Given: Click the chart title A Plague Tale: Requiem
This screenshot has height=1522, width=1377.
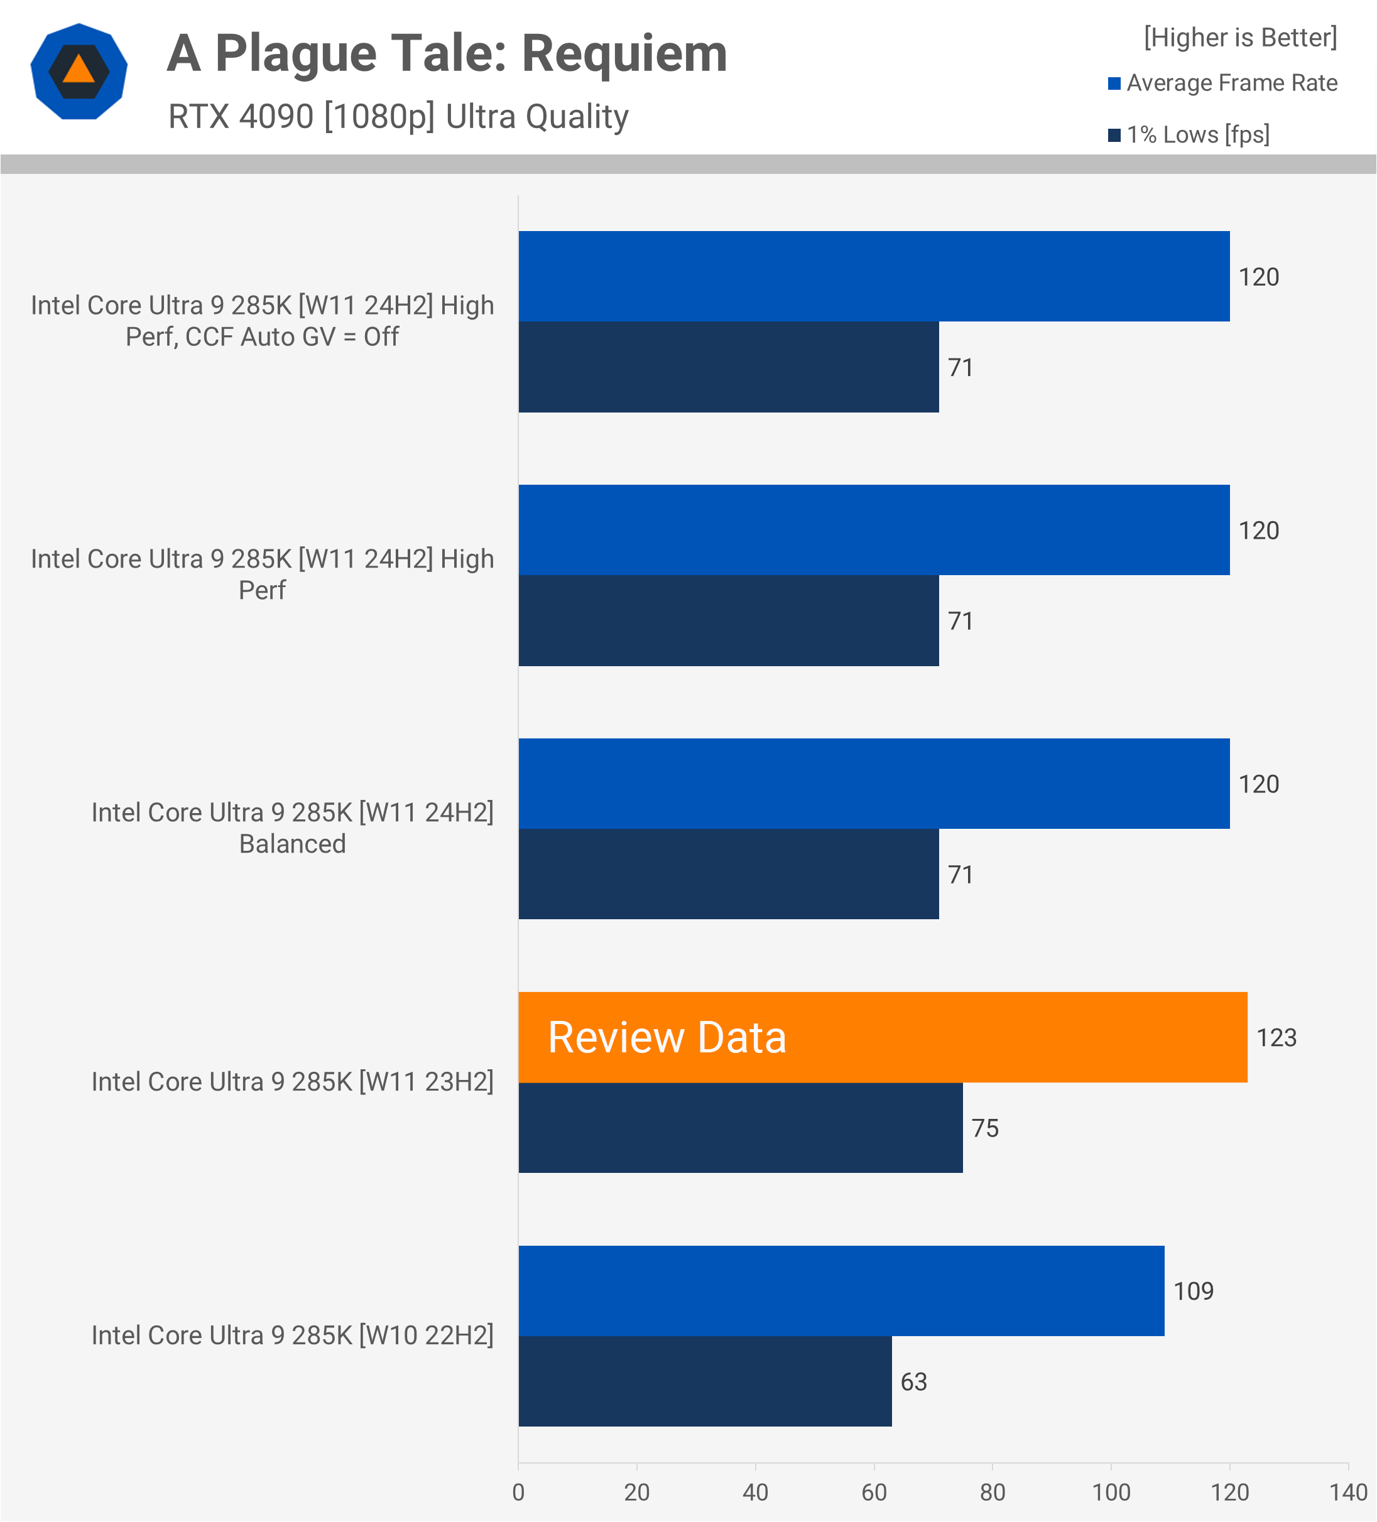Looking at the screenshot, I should [x=447, y=55].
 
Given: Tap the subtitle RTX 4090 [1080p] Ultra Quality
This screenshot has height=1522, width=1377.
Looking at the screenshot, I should [x=398, y=117].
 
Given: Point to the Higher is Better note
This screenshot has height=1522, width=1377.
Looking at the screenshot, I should [x=1239, y=38].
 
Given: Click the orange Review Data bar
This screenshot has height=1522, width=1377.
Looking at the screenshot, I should [x=882, y=1037].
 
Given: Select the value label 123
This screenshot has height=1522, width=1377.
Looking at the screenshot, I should [x=1276, y=1037].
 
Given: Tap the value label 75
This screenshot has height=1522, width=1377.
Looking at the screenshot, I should [x=985, y=1128].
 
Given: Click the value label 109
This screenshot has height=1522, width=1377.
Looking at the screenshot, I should [x=1193, y=1291].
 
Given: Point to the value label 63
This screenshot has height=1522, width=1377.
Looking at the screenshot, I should [x=913, y=1381].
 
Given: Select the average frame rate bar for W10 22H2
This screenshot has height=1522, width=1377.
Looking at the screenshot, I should [x=841, y=1291].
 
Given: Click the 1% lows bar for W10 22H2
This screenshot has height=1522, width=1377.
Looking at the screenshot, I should [x=705, y=1381].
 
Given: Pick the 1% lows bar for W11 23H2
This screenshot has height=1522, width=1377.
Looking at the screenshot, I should [x=740, y=1128].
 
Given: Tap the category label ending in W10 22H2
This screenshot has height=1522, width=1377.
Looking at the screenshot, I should [x=292, y=1336].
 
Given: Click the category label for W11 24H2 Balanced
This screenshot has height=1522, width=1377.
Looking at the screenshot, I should [x=292, y=828].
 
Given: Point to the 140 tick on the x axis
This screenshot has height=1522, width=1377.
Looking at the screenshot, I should [x=1348, y=1492].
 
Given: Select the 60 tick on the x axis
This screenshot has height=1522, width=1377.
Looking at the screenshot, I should [x=874, y=1492].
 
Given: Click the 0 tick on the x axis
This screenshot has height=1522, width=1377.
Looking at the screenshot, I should [x=518, y=1492].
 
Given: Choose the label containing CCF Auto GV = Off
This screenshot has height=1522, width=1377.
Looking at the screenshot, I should [x=262, y=321].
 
